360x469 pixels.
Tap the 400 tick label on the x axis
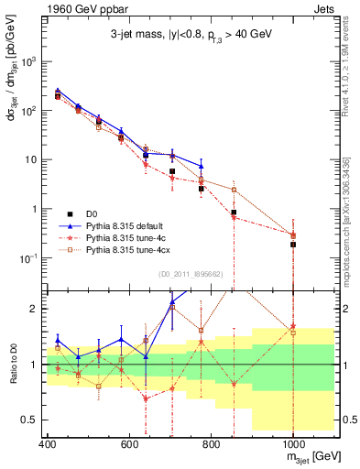click(47, 443)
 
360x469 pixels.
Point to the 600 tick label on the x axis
click(129, 443)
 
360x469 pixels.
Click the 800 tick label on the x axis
click(211, 443)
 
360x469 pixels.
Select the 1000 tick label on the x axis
click(292, 443)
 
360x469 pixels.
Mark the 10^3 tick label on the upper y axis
click(27, 61)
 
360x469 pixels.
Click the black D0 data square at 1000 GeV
click(292, 245)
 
